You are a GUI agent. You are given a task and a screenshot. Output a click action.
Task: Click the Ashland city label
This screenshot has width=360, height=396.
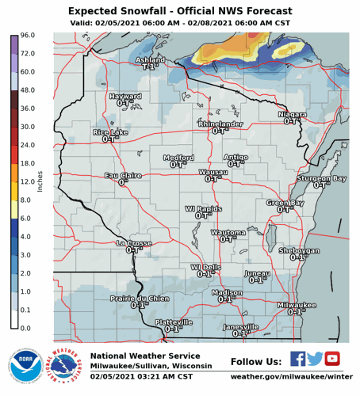(x=151, y=59)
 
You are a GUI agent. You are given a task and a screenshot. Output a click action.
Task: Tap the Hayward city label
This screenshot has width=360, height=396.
(x=124, y=96)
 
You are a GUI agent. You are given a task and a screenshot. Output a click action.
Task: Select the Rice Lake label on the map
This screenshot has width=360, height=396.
(x=110, y=131)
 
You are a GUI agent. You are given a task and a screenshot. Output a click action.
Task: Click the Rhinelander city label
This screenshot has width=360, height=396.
(x=220, y=124)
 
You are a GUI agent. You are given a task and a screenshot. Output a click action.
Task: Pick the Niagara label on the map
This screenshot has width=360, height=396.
(x=293, y=115)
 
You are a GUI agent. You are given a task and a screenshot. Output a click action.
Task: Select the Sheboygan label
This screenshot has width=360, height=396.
(x=299, y=250)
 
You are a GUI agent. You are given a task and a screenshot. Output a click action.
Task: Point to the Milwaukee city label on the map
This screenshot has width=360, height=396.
(x=297, y=305)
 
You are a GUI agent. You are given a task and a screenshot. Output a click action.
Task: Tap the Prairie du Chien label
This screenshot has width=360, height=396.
(x=140, y=298)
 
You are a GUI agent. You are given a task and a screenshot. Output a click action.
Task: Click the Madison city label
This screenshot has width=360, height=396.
(x=228, y=292)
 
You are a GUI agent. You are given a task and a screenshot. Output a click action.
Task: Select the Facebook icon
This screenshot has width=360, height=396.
(x=297, y=359)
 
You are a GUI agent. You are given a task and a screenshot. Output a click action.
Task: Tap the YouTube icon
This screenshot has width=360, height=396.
(x=331, y=359)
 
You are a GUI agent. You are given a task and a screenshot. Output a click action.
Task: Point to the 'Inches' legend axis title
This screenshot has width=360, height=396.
(x=40, y=181)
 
